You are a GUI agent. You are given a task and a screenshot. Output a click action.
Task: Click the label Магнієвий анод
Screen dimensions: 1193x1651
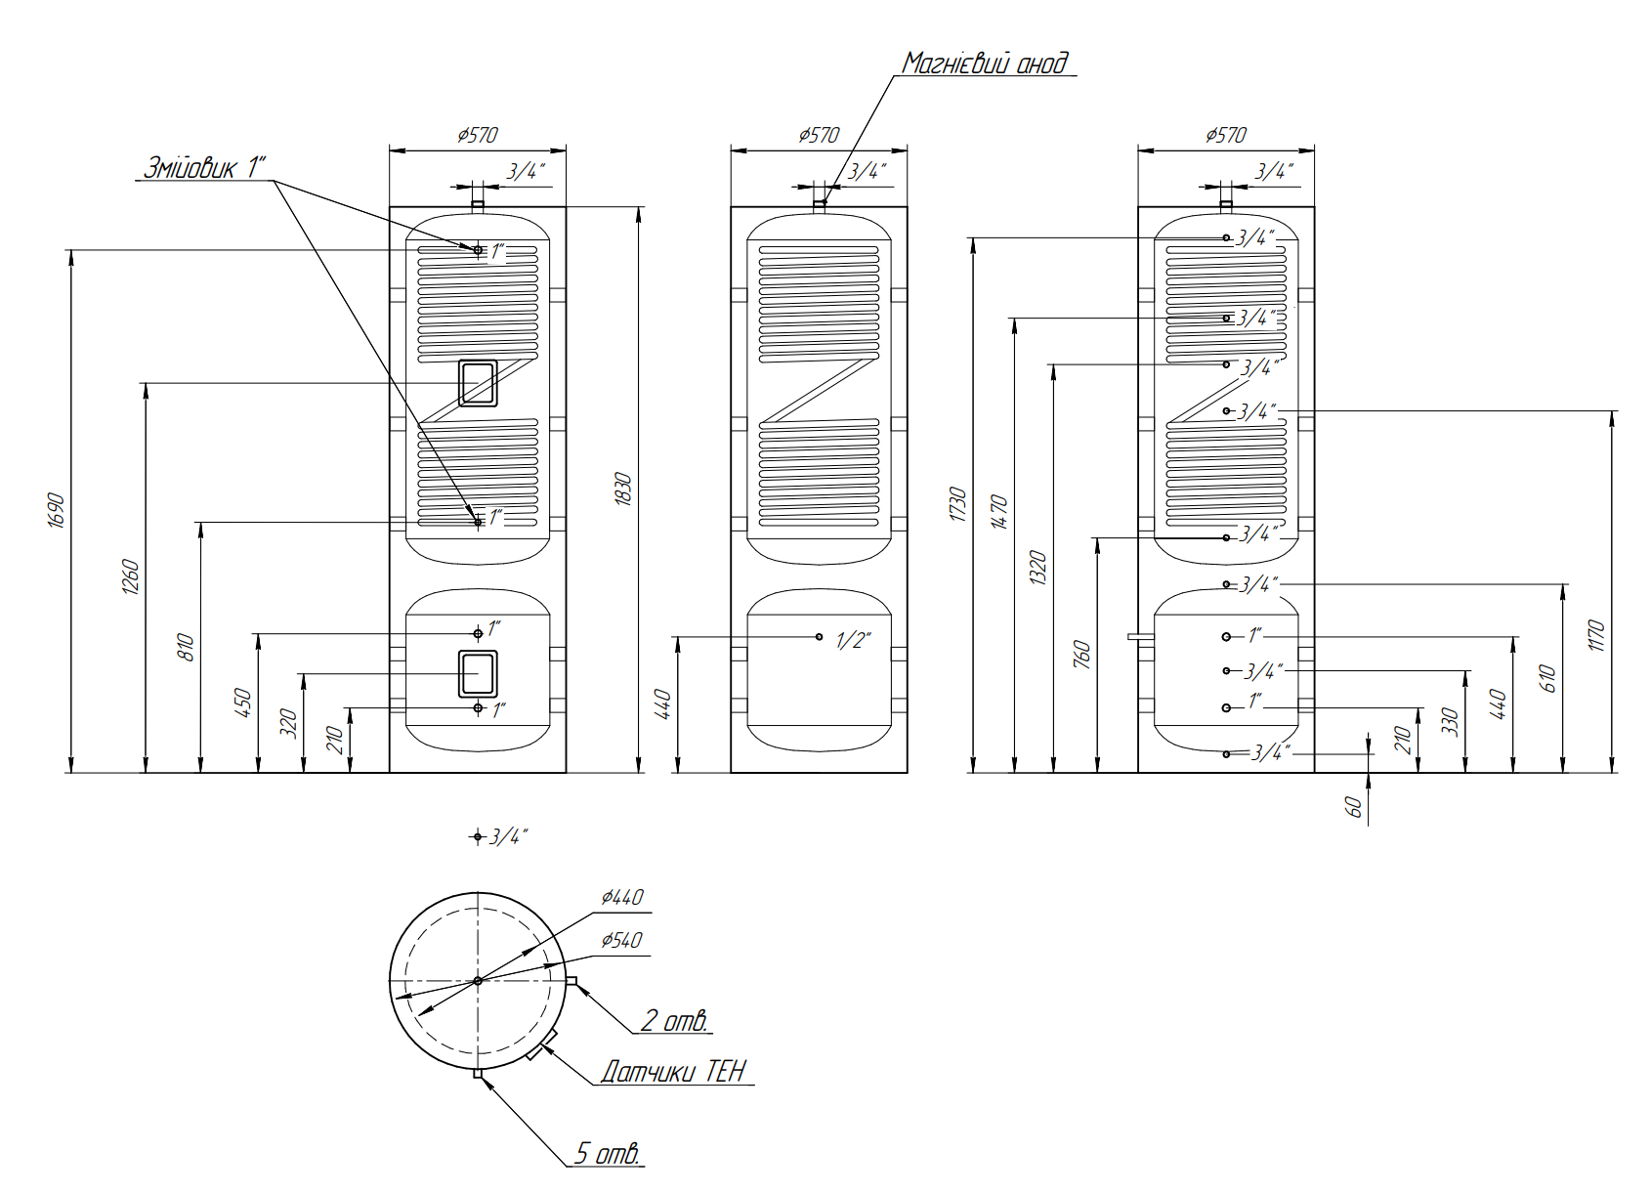click(x=985, y=64)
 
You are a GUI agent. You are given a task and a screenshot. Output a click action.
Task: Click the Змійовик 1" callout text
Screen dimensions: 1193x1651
click(x=204, y=167)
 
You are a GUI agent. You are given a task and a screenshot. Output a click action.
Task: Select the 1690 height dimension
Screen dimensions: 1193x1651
click(x=57, y=510)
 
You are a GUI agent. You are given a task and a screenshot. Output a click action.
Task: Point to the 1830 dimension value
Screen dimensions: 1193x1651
click(x=624, y=489)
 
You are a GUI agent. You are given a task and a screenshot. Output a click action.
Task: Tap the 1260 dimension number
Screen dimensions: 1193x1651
click(x=131, y=576)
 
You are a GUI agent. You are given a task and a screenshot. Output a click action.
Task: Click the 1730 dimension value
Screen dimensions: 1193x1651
click(x=958, y=503)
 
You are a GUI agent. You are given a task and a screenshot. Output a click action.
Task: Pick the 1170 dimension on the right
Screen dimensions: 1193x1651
click(x=1596, y=635)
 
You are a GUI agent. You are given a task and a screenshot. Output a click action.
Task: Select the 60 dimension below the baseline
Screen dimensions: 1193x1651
click(x=1354, y=806)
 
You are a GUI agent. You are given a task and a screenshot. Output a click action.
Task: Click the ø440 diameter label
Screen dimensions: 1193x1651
click(x=622, y=897)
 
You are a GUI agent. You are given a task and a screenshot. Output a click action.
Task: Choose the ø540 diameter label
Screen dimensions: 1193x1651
click(x=621, y=940)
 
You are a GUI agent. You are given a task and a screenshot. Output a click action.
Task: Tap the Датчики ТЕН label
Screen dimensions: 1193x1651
click(x=673, y=1072)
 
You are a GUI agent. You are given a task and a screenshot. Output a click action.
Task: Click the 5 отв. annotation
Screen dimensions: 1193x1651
click(x=608, y=1154)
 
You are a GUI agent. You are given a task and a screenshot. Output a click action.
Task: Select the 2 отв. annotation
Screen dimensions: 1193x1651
click(x=674, y=1021)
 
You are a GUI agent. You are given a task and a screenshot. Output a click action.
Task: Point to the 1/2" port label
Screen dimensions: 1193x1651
click(x=853, y=641)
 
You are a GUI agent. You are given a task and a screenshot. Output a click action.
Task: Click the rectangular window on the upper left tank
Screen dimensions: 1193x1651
click(x=478, y=382)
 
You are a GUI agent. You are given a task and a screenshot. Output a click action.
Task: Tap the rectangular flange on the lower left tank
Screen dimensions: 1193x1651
click(x=478, y=673)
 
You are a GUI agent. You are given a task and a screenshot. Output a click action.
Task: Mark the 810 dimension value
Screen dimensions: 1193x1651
click(x=187, y=647)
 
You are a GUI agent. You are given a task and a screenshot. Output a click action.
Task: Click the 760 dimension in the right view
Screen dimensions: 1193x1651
click(x=1081, y=654)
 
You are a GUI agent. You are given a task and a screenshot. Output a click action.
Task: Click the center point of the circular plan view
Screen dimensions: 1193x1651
click(x=478, y=980)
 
